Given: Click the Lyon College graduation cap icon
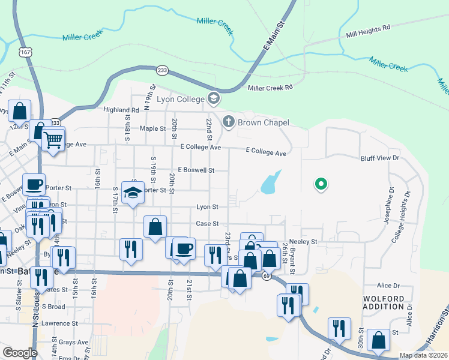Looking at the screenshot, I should point(213,98).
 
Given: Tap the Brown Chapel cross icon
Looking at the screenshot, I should point(228,122).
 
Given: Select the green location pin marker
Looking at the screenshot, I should point(321,185).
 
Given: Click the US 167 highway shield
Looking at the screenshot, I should point(25,52).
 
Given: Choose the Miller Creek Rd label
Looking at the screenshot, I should point(270,88).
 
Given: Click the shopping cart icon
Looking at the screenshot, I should point(53,140).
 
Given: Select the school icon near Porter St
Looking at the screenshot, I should point(133,193).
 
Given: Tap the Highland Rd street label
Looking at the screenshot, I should point(121,110).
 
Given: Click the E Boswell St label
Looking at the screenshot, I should point(196,170).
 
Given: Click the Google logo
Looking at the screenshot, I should point(20,353).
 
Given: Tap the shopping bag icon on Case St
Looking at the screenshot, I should point(155,227).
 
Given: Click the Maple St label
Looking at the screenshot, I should point(152,128).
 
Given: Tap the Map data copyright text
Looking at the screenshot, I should point(423,355).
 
